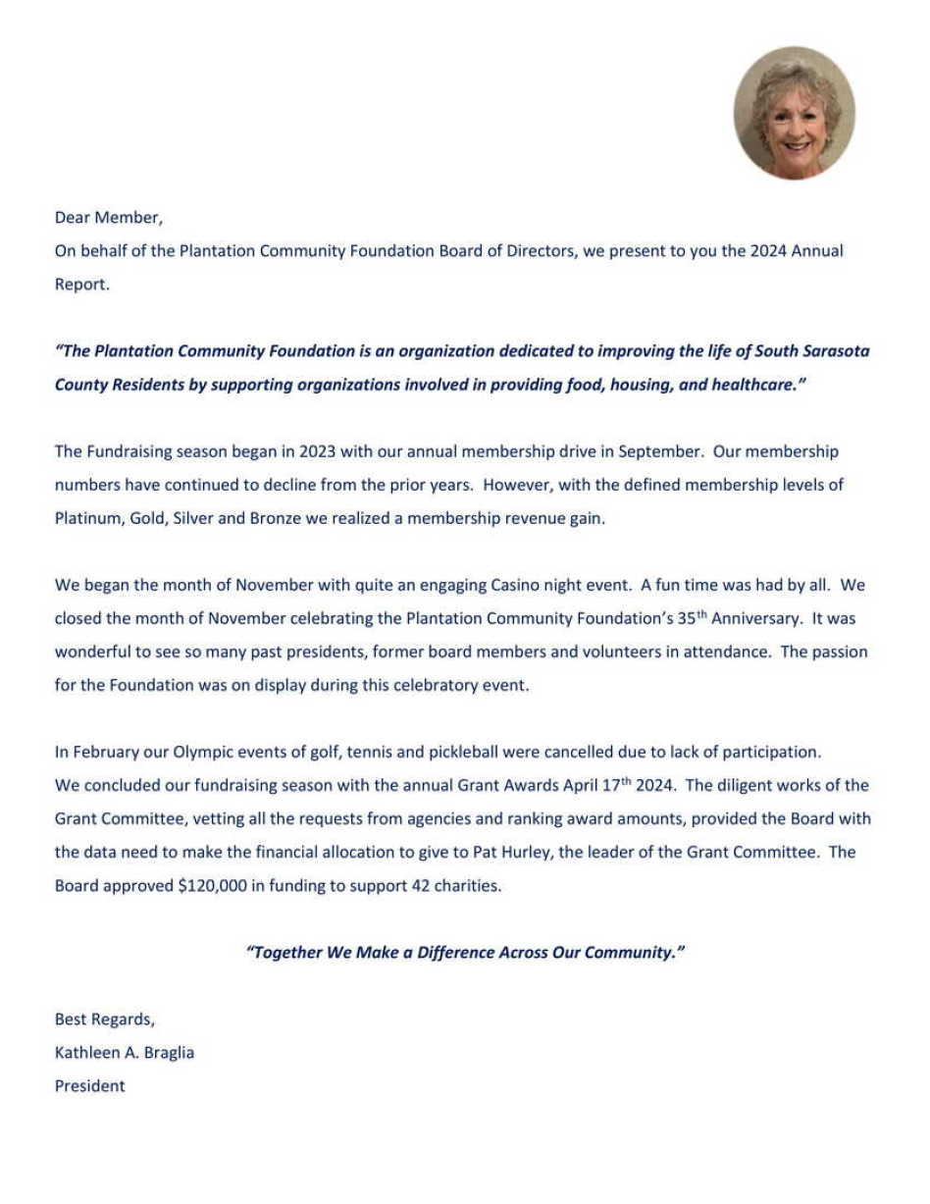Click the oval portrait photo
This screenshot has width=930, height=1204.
[x=794, y=113]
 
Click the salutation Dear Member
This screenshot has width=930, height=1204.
[x=109, y=218]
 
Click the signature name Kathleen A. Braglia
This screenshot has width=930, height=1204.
[x=125, y=1052]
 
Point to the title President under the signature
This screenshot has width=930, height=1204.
[x=90, y=1085]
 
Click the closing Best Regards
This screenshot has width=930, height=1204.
[x=105, y=1019]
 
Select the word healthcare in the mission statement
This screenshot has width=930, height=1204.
[x=755, y=385]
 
